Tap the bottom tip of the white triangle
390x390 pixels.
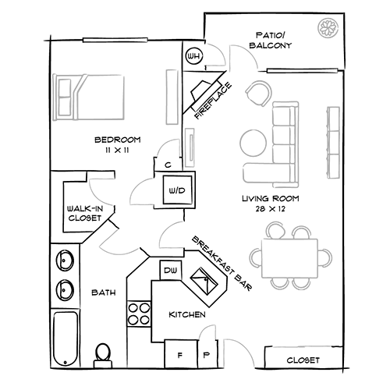[x=185, y=112]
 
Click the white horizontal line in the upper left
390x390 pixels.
[x=115, y=39]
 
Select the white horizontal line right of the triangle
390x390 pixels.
[x=303, y=70]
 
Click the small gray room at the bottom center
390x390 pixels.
[x=230, y=339]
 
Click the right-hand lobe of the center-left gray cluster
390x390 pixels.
[x=168, y=234]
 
